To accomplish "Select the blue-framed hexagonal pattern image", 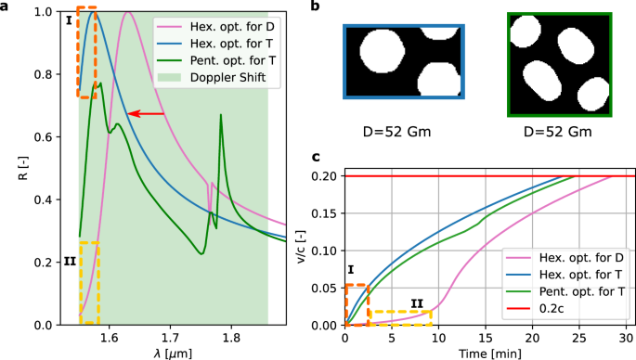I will click(x=403, y=70).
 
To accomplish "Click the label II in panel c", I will click(x=416, y=302).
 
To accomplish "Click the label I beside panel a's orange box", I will click(x=69, y=18).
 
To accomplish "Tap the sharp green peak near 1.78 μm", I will click(x=221, y=115).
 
